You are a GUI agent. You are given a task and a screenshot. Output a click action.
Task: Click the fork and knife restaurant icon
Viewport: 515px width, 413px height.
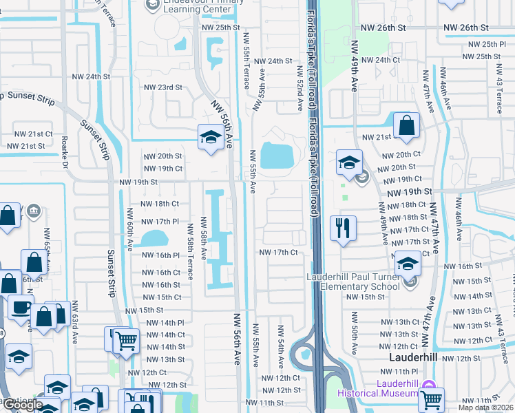[x=342, y=228]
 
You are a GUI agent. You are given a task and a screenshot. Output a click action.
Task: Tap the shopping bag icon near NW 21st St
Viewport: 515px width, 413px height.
[x=407, y=125]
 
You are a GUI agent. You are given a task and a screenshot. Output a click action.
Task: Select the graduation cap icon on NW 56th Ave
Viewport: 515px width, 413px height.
[x=209, y=136]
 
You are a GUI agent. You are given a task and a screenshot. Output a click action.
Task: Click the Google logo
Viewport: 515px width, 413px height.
[x=22, y=405]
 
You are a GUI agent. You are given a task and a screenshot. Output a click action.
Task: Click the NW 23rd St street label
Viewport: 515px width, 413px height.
[x=162, y=87]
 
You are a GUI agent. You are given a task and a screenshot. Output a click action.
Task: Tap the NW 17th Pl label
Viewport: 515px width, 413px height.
[x=160, y=222]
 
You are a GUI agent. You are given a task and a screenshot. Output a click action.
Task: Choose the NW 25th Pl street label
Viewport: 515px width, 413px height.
[x=483, y=44]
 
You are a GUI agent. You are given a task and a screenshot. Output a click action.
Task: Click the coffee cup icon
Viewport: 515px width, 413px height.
[x=20, y=308]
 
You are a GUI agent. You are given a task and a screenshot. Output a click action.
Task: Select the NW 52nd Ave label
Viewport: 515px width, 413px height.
[x=300, y=88]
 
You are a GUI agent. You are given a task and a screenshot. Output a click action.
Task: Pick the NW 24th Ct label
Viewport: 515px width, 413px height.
[x=380, y=60]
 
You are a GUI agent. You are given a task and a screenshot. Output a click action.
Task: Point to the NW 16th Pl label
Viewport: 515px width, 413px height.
[x=160, y=255]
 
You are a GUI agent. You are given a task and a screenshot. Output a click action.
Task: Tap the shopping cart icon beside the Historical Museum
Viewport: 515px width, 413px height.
[x=431, y=399]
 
